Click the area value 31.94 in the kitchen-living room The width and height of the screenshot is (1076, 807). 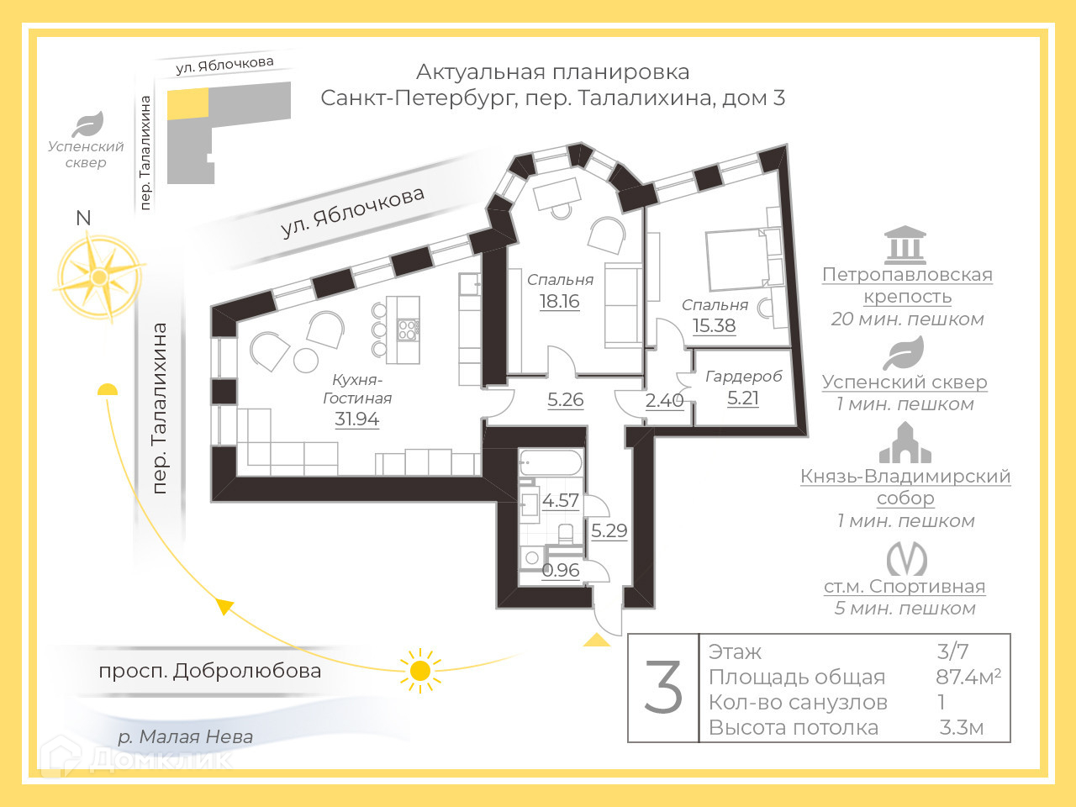(356, 419)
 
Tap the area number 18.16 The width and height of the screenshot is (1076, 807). (559, 301)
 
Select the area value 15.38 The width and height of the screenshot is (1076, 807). (714, 325)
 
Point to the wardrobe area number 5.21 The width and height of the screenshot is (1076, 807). (742, 398)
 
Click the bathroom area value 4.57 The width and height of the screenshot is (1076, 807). (560, 500)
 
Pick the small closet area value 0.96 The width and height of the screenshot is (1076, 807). (561, 570)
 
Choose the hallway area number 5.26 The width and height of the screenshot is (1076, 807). (565, 399)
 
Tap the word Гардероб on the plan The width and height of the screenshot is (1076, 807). (743, 376)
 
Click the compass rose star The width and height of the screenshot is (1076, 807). (99, 277)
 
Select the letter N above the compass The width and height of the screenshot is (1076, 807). (83, 219)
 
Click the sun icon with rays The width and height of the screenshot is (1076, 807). (420, 670)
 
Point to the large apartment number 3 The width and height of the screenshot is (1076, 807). (663, 688)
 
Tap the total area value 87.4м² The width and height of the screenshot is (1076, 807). (968, 677)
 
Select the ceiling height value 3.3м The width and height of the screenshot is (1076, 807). (961, 728)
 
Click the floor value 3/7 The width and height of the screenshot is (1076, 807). (952, 651)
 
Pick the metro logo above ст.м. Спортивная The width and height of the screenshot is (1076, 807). (906, 559)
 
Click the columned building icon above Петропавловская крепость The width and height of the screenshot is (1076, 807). (905, 245)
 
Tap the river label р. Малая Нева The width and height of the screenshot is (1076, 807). (185, 737)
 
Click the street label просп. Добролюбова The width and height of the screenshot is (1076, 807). (209, 671)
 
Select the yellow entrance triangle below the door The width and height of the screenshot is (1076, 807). (597, 641)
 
